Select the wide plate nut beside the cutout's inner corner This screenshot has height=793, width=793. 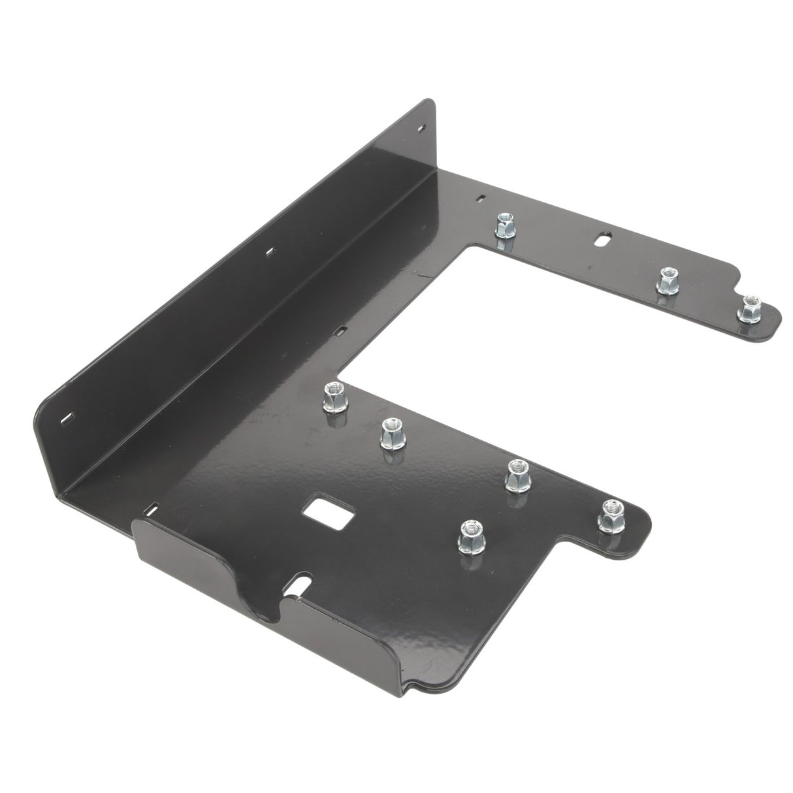point(335,398)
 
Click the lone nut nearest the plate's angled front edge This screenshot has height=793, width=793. point(471,537)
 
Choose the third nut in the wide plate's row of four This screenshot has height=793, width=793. point(518,475)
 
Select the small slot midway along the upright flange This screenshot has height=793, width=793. point(270,250)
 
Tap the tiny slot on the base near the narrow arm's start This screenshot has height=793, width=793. point(480,198)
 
